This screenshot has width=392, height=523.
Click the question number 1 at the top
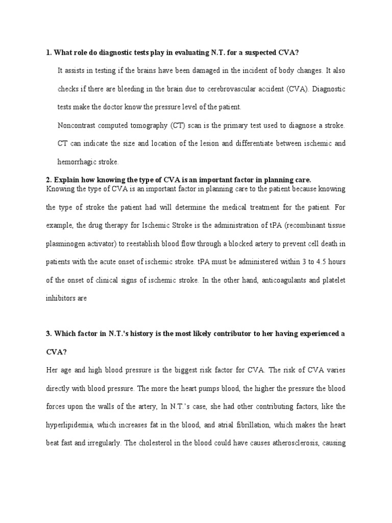tap(47, 52)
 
